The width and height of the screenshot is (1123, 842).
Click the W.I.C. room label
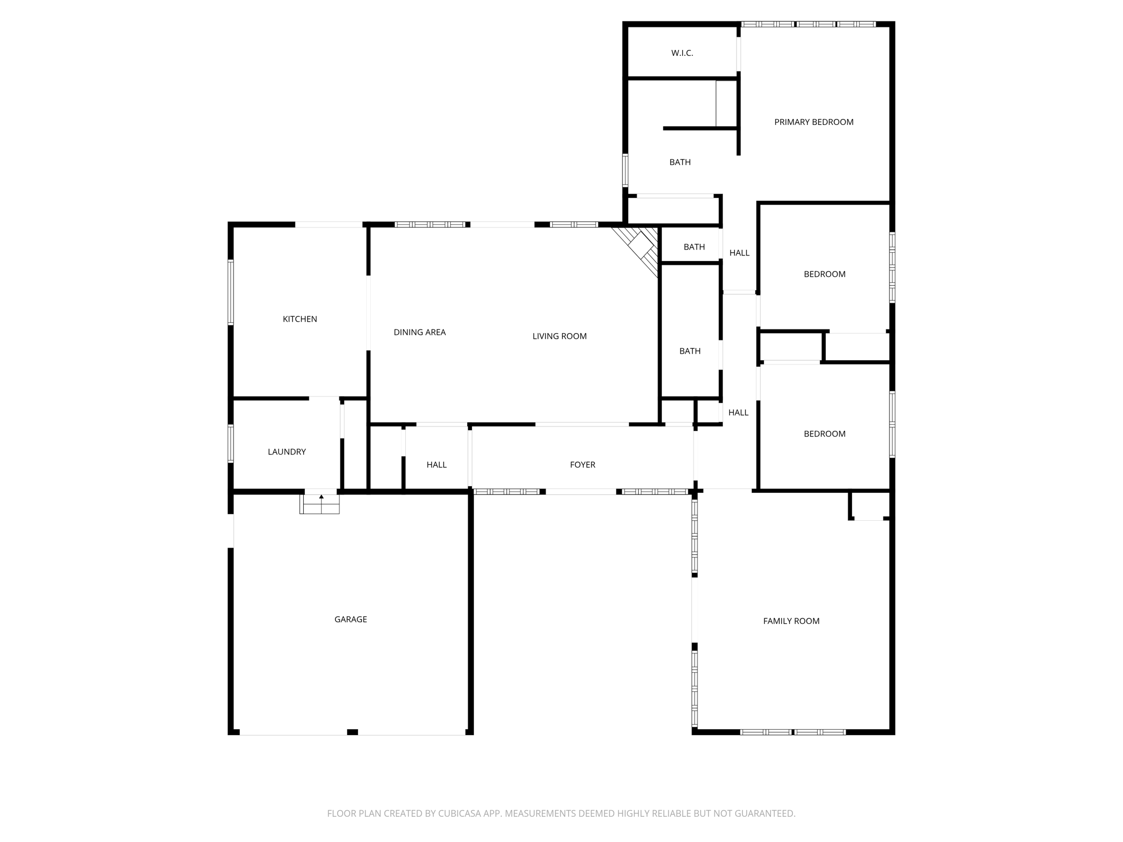682,53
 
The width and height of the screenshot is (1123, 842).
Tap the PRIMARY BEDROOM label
814,122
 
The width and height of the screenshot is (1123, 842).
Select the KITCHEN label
299,319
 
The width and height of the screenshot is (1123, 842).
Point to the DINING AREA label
419,332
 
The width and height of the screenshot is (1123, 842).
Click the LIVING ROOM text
559,336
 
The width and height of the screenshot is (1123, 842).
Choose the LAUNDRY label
286,452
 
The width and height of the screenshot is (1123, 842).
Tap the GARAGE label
350,619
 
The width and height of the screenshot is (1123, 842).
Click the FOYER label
582,465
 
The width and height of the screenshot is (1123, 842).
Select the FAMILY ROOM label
791,621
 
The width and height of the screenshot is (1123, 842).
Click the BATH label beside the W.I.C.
680,162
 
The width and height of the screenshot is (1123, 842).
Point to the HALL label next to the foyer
436,465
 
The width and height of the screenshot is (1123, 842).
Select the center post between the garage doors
353,732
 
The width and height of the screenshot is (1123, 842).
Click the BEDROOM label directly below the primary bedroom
824,274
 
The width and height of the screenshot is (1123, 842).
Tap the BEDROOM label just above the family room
824,434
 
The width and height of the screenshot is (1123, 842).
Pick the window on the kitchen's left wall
231,292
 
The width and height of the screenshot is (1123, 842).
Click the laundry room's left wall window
231,443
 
